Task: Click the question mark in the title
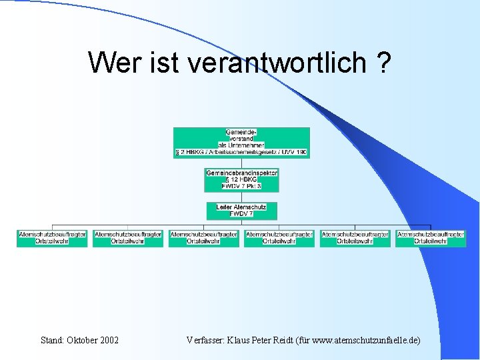tap(383, 63)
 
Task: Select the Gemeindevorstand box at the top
tap(241, 142)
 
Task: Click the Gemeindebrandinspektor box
tap(241, 179)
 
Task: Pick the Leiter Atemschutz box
tap(241, 211)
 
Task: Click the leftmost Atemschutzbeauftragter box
tap(52, 238)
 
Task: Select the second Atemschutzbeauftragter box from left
tap(128, 238)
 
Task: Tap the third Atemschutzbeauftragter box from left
tap(203, 238)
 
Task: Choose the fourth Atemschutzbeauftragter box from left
tap(279, 238)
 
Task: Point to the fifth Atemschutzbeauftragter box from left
tap(355, 238)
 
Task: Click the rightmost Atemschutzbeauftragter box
tap(431, 238)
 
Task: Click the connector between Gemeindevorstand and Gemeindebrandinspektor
tap(241, 163)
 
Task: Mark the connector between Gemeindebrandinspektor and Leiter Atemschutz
tap(241, 197)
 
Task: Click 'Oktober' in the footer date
tap(82, 340)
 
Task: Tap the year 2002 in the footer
tap(109, 340)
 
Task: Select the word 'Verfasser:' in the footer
tap(207, 340)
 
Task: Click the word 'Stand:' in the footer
tap(53, 340)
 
